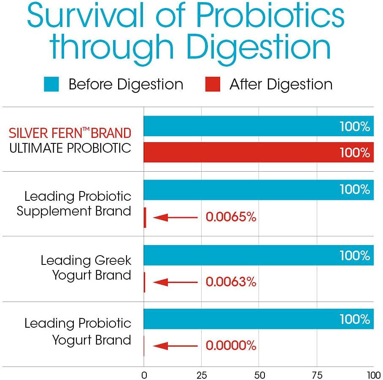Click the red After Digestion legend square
213,84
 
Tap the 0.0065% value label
231,217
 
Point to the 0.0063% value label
231,282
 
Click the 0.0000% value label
231,346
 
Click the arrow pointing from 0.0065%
175,218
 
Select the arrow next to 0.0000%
175,346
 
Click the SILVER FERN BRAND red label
70,134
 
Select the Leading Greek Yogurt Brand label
86,268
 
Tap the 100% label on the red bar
355,152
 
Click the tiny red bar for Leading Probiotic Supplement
145,218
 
